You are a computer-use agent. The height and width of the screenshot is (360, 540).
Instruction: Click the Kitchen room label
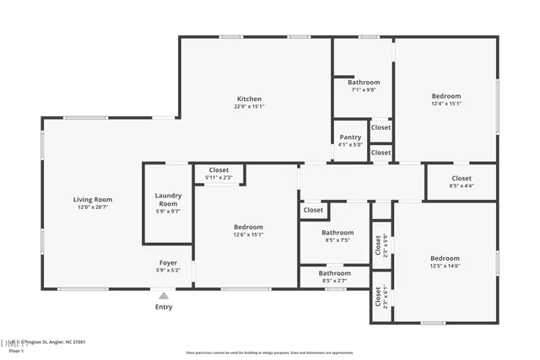[x=248, y=99]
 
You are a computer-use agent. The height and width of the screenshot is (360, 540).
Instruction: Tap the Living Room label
[x=92, y=200]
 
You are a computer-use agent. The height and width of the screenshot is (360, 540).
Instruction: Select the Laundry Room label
[x=168, y=200]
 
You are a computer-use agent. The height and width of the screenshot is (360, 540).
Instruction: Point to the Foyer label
[x=168, y=262]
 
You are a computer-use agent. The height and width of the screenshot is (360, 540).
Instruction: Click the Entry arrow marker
[x=164, y=295]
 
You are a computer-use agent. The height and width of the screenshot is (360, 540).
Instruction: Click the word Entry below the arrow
[x=164, y=307]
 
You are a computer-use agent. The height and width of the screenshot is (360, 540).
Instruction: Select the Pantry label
[x=350, y=137]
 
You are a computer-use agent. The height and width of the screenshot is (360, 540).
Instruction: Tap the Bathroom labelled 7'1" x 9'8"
[x=364, y=82]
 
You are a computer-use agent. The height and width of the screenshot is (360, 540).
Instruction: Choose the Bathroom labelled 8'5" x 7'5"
[x=337, y=232]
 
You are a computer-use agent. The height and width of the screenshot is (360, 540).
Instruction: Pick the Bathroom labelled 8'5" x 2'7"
[x=334, y=273]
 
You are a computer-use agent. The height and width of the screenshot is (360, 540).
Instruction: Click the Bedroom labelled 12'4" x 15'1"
[x=445, y=96]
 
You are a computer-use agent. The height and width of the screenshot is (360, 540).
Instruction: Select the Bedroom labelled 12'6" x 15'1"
[x=248, y=227]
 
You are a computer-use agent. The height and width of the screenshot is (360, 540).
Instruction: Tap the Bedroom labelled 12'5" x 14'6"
[x=445, y=258]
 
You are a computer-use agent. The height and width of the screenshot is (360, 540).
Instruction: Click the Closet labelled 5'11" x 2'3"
[x=219, y=170]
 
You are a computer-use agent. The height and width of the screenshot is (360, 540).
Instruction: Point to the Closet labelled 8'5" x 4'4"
[x=461, y=178]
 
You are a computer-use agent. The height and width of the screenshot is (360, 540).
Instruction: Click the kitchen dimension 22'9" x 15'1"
[x=248, y=107]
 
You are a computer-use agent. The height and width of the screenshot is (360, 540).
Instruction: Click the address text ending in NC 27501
[x=51, y=342]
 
